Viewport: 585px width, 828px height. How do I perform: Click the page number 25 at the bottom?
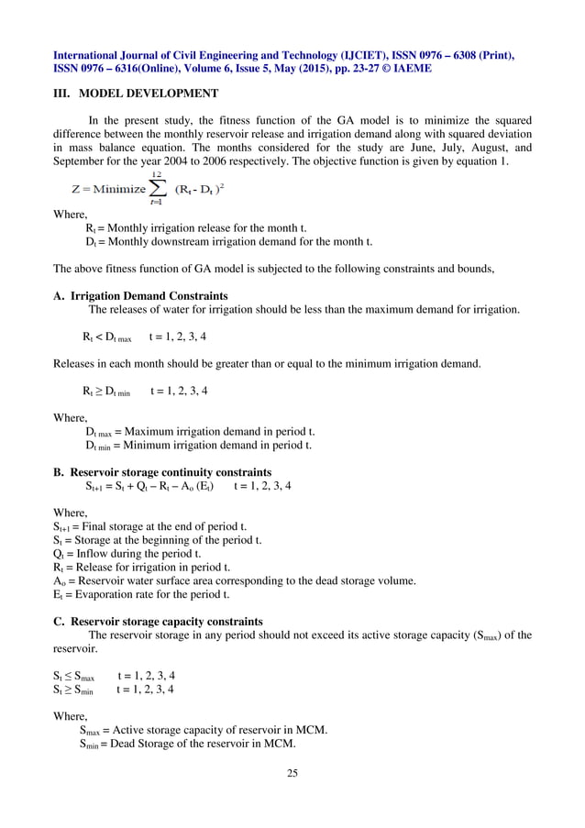292,773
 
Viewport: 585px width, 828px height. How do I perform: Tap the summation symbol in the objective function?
158,190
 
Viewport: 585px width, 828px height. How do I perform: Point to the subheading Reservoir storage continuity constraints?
171,473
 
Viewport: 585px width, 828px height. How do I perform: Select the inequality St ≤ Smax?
73,676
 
